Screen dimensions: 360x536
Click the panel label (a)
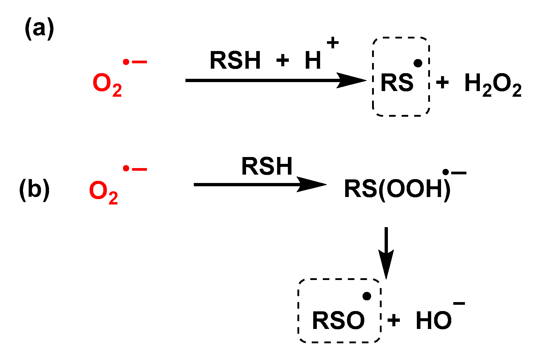pyautogui.click(x=39, y=29)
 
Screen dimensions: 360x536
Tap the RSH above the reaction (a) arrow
pyautogui.click(x=235, y=61)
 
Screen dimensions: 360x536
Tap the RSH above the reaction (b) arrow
pyautogui.click(x=267, y=167)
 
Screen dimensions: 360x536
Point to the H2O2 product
pyautogui.click(x=493, y=84)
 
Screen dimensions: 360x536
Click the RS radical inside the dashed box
pyautogui.click(x=397, y=83)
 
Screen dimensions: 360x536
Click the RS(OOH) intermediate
pyautogui.click(x=397, y=189)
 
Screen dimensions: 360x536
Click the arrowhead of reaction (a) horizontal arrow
pyautogui.click(x=352, y=80)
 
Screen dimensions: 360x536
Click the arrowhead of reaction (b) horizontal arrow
pyautogui.click(x=312, y=184)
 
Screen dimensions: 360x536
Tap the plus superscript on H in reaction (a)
pyautogui.click(x=333, y=43)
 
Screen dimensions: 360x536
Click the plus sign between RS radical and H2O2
pyautogui.click(x=442, y=82)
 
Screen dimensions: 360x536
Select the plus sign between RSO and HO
pyautogui.click(x=394, y=321)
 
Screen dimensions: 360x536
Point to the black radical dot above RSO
pyautogui.click(x=367, y=296)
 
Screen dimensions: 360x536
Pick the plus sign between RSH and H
pyautogui.click(x=282, y=61)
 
